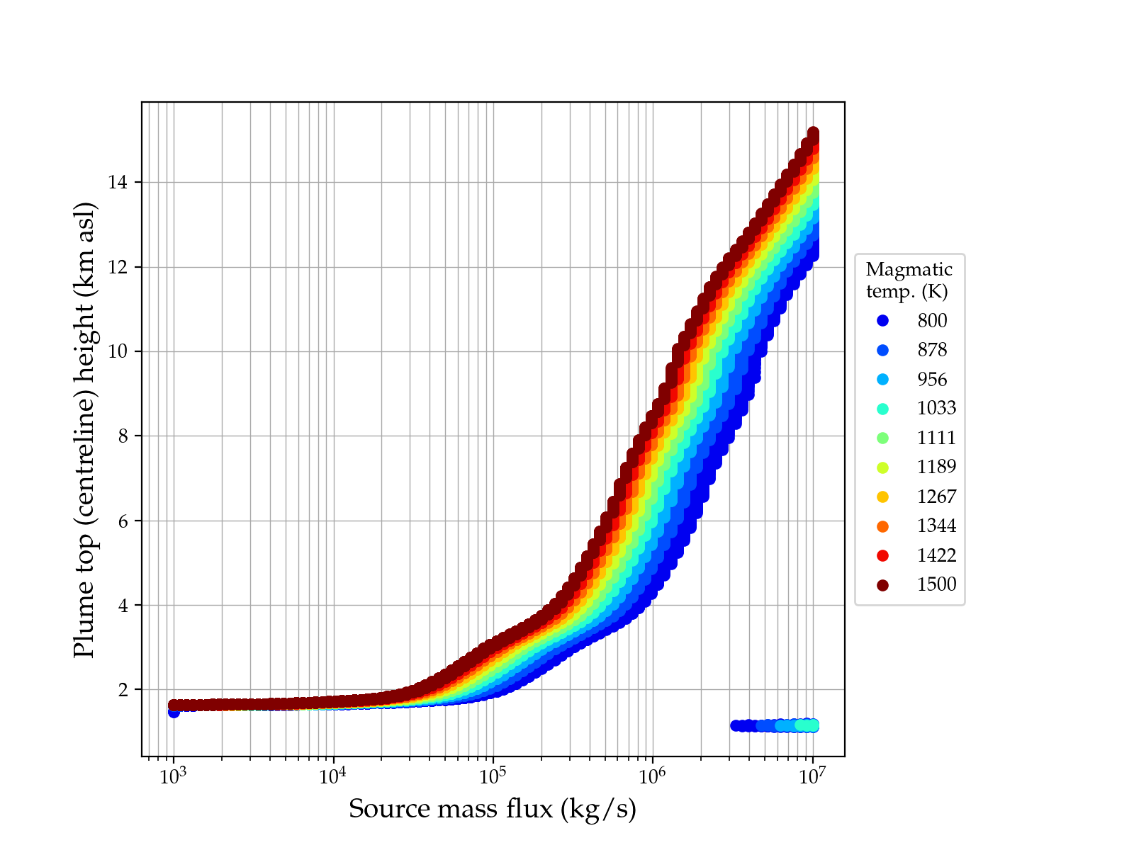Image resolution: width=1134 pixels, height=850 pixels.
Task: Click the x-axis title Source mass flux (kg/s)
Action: tap(493, 808)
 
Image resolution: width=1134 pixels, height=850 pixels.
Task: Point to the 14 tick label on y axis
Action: tap(118, 183)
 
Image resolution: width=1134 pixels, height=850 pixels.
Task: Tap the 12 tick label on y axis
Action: tap(118, 267)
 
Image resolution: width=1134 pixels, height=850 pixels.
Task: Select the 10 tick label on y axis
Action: tap(118, 351)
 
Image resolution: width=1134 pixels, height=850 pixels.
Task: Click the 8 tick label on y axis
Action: tap(123, 436)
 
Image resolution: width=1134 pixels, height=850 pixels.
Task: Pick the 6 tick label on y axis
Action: tap(123, 521)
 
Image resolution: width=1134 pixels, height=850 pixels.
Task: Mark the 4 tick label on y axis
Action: tap(123, 605)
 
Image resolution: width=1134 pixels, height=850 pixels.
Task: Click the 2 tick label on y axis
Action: tap(123, 690)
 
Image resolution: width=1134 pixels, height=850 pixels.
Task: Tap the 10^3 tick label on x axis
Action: tap(173, 776)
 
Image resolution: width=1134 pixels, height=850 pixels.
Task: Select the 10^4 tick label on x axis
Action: tap(333, 776)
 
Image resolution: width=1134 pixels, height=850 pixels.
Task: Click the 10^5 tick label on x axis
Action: tap(493, 776)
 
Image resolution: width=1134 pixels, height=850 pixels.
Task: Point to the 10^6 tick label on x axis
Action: tap(652, 776)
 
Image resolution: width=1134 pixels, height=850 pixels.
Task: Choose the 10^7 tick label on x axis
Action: tap(812, 776)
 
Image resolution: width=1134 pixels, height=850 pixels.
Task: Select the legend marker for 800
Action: tap(882, 321)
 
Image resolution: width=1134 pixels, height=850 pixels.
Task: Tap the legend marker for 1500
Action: tap(882, 584)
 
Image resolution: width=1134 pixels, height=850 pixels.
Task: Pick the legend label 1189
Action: tap(936, 467)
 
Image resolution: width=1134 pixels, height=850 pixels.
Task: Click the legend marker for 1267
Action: tap(882, 497)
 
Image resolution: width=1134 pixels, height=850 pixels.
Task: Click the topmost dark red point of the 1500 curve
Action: tap(813, 132)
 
